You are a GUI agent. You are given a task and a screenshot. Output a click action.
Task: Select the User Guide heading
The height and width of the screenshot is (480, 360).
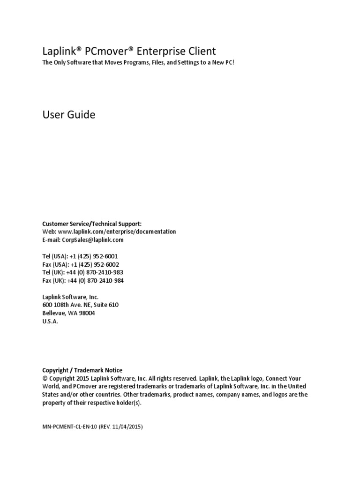68,114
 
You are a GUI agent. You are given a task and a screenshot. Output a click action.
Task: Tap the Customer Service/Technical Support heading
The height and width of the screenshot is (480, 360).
91,224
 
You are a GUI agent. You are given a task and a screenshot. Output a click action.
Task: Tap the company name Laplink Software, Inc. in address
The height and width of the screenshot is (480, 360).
70,297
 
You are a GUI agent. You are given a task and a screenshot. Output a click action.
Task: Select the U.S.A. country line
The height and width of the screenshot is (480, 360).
50,321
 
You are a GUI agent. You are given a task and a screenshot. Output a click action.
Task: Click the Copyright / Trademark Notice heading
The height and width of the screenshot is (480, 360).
82,370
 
